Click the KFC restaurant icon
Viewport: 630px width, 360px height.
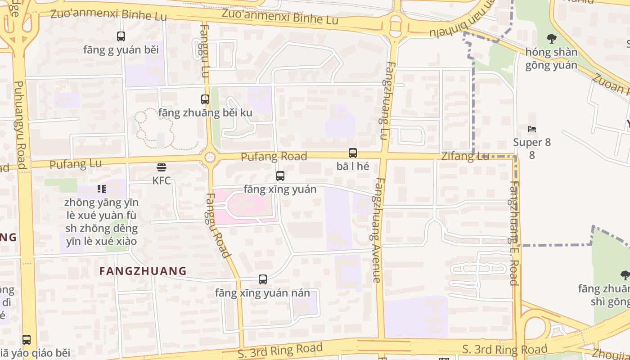click(162, 167)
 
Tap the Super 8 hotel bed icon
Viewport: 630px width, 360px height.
click(532, 130)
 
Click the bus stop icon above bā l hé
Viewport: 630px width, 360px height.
click(353, 153)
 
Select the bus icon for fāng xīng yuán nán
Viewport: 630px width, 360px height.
click(263, 279)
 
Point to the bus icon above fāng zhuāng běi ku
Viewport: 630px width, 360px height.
click(205, 99)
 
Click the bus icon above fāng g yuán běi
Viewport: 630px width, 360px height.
click(121, 36)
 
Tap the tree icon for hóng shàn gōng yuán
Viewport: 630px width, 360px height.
click(551, 39)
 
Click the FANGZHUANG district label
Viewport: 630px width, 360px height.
click(143, 271)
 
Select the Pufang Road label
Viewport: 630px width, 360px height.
click(274, 157)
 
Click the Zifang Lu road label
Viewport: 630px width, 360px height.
click(465, 157)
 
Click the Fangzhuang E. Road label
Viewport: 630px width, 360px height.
click(514, 233)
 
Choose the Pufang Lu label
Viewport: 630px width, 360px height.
click(76, 164)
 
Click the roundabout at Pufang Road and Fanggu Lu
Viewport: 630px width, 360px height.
click(210, 157)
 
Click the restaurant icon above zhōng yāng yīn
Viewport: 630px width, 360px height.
click(102, 189)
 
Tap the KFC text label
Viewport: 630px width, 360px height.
click(162, 180)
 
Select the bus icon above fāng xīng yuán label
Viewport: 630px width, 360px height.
click(280, 176)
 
